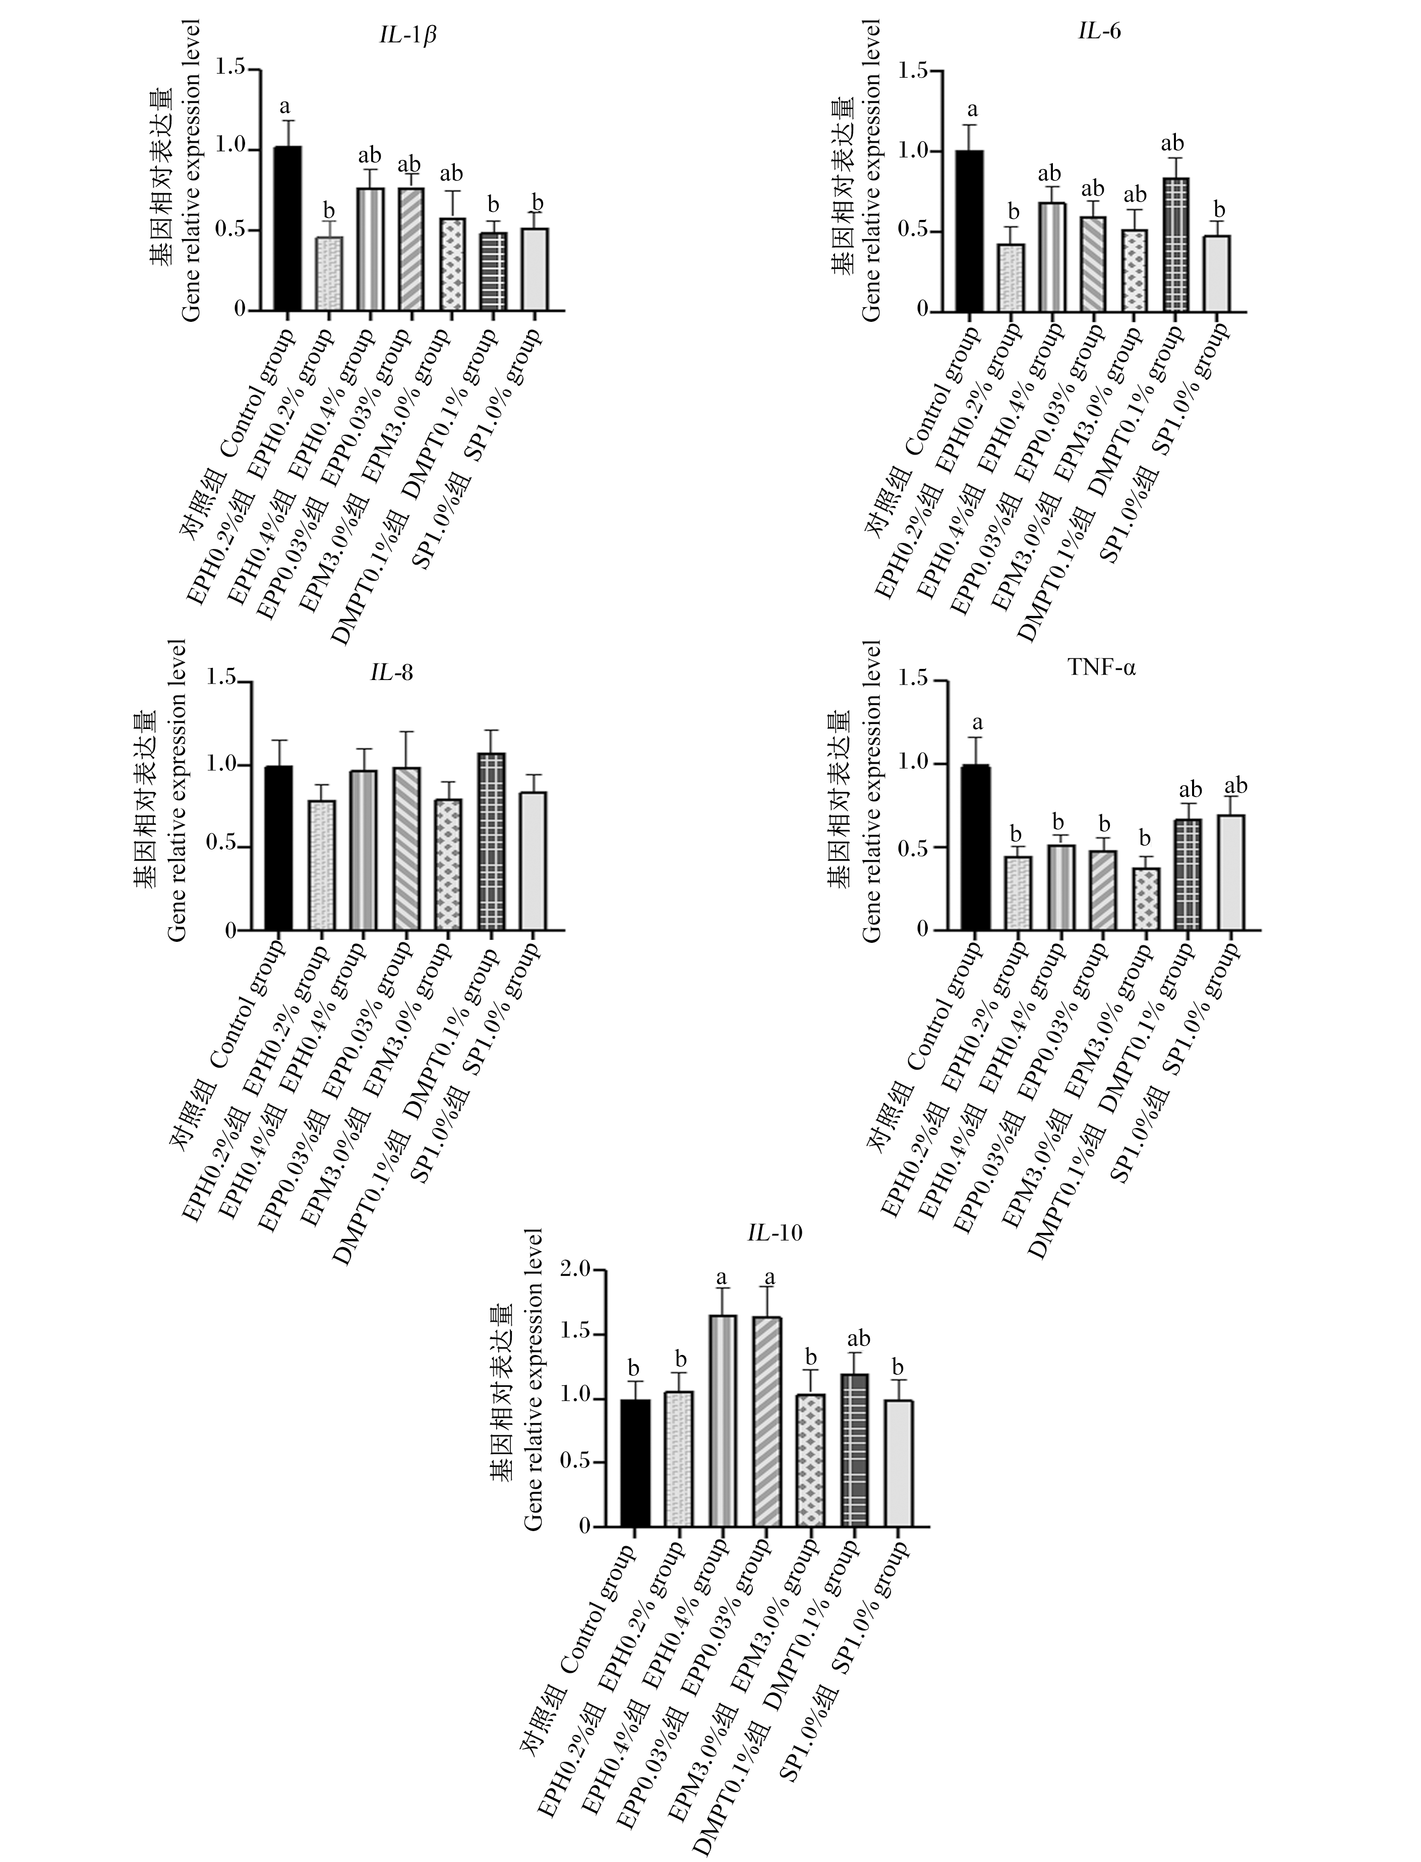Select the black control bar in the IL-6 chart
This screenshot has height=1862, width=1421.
pos(969,231)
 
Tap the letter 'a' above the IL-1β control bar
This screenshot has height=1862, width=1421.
pos(285,106)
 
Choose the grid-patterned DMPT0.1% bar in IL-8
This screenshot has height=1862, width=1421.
pos(491,842)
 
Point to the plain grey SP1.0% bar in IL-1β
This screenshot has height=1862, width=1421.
pos(535,269)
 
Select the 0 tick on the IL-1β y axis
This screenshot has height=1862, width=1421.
pos(240,310)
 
